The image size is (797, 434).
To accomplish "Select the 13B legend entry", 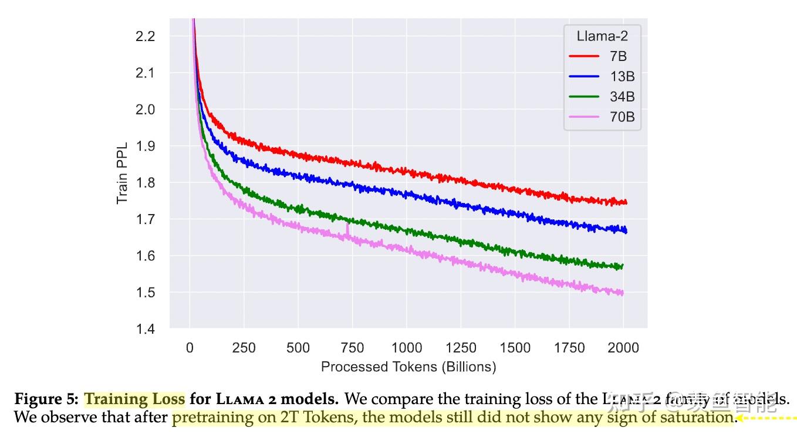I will [622, 77].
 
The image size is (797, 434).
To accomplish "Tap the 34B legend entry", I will [622, 97].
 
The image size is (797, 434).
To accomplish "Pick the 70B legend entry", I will [622, 117].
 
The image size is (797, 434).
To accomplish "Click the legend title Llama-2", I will [602, 36].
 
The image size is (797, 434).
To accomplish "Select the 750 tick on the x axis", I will [352, 347].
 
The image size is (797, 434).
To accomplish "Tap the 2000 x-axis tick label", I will [623, 347].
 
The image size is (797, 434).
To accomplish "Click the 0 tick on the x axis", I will [190, 347].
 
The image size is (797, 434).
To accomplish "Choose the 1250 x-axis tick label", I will [461, 347].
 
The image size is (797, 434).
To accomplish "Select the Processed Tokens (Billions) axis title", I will [408, 367].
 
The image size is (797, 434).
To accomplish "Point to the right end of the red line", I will [626, 202].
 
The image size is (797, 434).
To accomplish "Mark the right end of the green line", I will [622, 266].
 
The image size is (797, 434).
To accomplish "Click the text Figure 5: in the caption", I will [46, 400].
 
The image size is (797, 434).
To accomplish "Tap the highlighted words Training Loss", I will [135, 400].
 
